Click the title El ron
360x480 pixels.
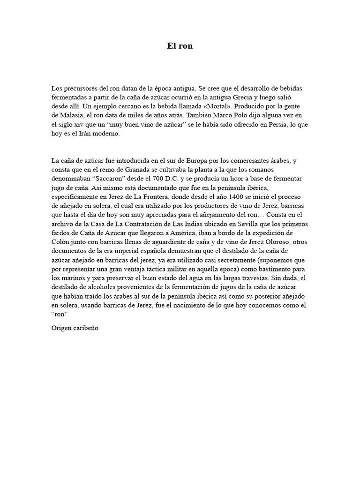pos(180,46)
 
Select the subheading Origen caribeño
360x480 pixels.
pos(75,328)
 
